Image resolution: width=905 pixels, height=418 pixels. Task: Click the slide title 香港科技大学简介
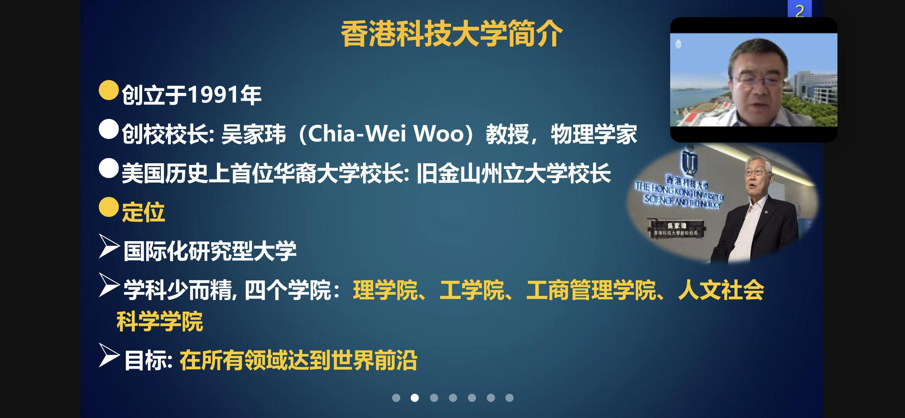click(452, 35)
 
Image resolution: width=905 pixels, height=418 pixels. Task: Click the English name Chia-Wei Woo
click(386, 134)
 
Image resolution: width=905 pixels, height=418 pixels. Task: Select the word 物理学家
click(594, 134)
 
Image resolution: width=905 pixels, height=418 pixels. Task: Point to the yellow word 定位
click(143, 212)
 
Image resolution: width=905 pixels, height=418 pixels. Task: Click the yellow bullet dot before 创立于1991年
click(109, 90)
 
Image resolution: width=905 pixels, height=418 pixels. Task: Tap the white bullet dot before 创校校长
click(109, 129)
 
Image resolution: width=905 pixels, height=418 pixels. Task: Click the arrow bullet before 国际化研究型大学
click(109, 246)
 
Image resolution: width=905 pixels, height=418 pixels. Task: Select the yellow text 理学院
click(385, 290)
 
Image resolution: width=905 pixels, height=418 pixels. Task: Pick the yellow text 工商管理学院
click(591, 290)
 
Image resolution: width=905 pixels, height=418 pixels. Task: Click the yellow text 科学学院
click(160, 321)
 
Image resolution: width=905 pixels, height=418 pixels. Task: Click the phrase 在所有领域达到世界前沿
click(298, 360)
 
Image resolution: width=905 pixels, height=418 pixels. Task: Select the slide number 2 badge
click(800, 9)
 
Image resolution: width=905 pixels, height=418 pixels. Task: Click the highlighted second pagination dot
click(415, 398)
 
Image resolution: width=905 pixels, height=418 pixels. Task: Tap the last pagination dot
click(510, 398)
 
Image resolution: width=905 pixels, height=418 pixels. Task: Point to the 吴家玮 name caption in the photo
click(677, 226)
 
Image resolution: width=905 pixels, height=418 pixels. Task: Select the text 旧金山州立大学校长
click(514, 173)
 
